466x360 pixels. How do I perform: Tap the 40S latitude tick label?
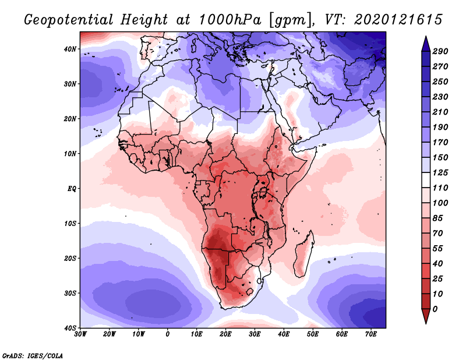[x=70, y=327]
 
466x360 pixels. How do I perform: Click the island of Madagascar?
[x=304, y=253]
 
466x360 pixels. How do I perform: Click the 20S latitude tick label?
[x=70, y=258]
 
